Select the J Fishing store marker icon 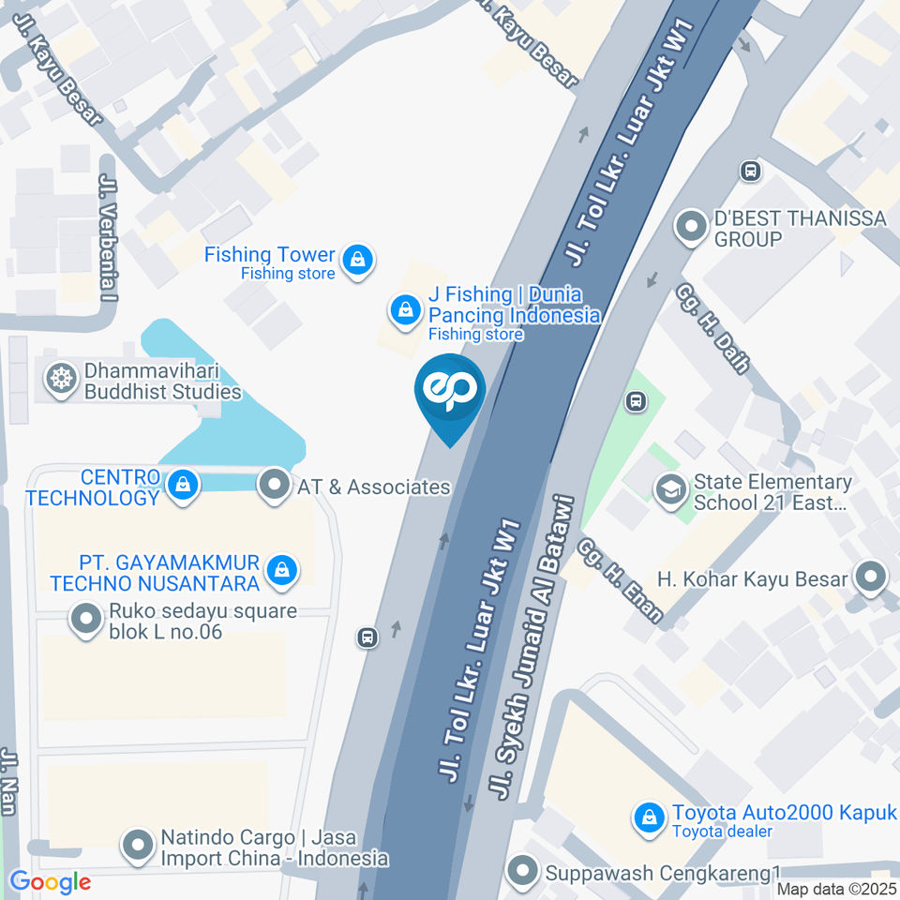point(405,309)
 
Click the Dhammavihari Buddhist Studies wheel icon point(63,380)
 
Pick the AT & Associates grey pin point(275,485)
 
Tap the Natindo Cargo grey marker point(138,845)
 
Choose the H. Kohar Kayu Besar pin point(871,577)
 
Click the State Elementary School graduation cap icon point(670,489)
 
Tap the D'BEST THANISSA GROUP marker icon point(692,226)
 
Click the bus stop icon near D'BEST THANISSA point(750,171)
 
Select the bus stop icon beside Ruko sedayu point(367,638)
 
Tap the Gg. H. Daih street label point(712,327)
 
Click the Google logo point(50,881)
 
